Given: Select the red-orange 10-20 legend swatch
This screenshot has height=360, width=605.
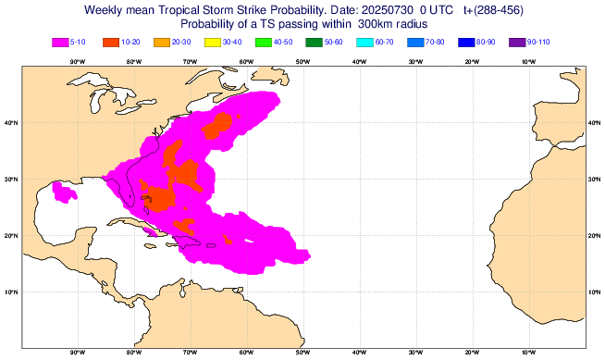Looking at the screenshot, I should (112, 42).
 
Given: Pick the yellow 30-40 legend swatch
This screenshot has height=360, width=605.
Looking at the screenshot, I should (212, 42).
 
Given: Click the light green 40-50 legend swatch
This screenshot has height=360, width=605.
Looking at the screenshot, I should (263, 42).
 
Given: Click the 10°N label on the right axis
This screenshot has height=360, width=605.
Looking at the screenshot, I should (595, 292).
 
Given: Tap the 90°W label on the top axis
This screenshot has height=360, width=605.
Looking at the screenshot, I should (77, 62).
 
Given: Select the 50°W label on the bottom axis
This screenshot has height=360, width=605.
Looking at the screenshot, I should (302, 352).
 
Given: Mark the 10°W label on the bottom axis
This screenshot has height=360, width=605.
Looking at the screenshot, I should (528, 352).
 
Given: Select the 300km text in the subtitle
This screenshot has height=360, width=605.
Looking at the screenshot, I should (377, 24).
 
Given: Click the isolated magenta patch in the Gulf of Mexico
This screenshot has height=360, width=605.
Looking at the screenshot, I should (64, 192).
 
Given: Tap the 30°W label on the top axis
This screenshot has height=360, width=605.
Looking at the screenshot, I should (415, 62).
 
